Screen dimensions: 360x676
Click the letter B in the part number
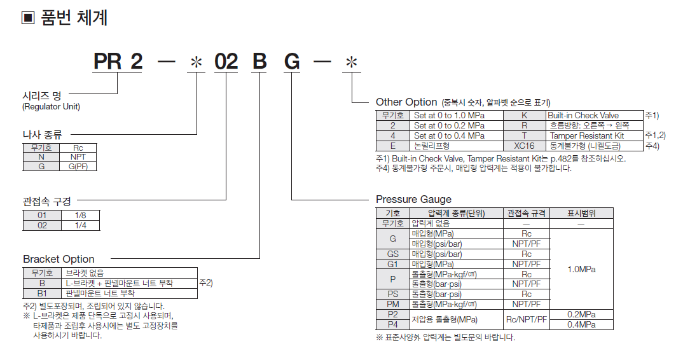pyautogui.click(x=259, y=62)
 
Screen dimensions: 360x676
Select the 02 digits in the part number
pyautogui.click(x=226, y=62)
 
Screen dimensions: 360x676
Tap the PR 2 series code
pyautogui.click(x=118, y=62)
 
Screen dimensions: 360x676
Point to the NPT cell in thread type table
pyautogui.click(x=78, y=156)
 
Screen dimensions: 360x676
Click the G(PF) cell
pyautogui.click(x=78, y=166)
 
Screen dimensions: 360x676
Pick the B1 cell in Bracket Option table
pyautogui.click(x=42, y=293)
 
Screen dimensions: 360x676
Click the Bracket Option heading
pyautogui.click(x=59, y=259)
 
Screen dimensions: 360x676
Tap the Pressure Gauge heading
pyautogui.click(x=413, y=199)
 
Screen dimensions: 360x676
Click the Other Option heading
pyautogui.click(x=406, y=102)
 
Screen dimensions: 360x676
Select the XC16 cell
pyautogui.click(x=525, y=145)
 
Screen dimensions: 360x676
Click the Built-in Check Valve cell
pyautogui.click(x=583, y=116)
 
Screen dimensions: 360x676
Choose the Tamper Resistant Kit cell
pyautogui.click(x=586, y=135)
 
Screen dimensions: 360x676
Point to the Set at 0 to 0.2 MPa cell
pyautogui.click(x=449, y=126)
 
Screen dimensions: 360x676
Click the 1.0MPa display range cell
pyautogui.click(x=581, y=269)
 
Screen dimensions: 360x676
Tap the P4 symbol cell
pyautogui.click(x=392, y=324)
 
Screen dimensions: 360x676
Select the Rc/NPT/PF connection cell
pyautogui.click(x=526, y=319)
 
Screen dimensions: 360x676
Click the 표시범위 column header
pyautogui.click(x=581, y=213)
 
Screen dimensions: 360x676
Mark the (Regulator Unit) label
pyautogui.click(x=52, y=107)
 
